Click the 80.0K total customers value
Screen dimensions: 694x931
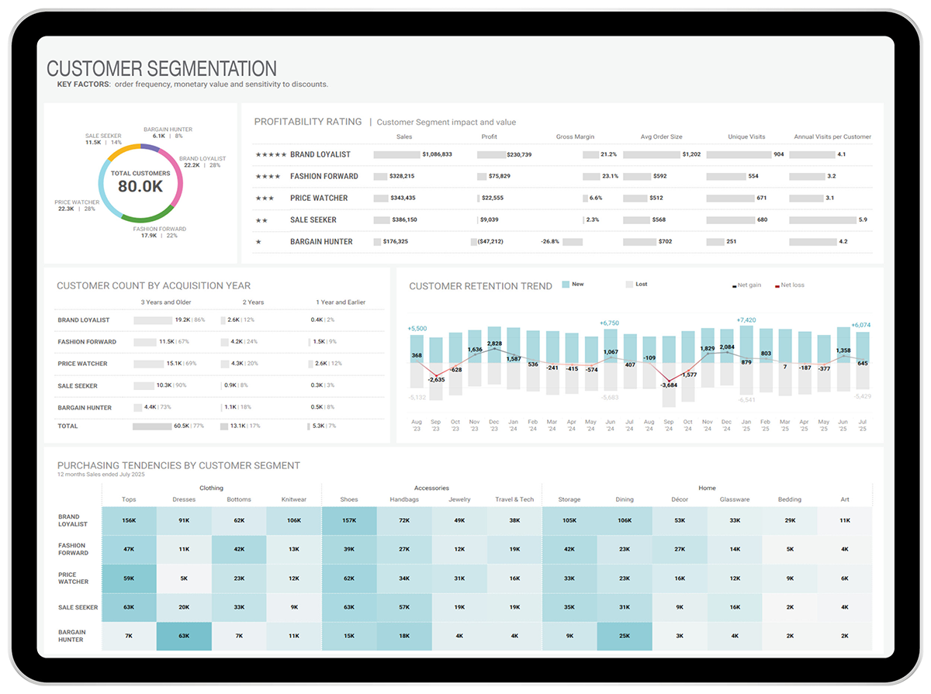(140, 186)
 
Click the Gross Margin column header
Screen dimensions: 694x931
(575, 137)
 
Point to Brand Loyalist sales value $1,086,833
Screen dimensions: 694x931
(437, 154)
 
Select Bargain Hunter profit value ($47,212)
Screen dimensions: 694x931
(486, 242)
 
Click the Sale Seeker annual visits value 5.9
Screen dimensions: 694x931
(863, 220)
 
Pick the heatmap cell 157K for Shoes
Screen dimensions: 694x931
(348, 520)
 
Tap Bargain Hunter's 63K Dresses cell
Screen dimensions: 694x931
(184, 636)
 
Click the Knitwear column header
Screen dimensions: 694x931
(293, 499)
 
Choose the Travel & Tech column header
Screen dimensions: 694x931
(514, 499)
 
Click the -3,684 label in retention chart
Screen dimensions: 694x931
(669, 385)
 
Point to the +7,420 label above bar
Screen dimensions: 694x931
(746, 319)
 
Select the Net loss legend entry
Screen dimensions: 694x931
(792, 285)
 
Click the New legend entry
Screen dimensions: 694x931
(577, 285)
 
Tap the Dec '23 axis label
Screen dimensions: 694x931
(493, 425)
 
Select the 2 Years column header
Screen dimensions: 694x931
(253, 302)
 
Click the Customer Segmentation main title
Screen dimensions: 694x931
(161, 69)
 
